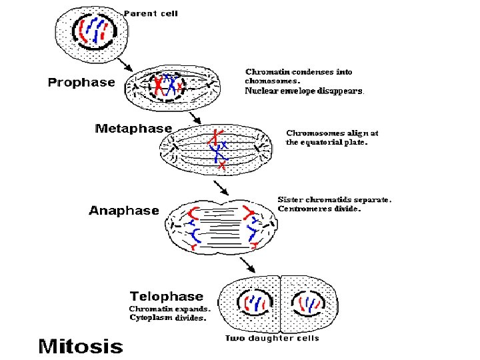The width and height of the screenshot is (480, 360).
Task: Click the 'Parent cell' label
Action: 151,13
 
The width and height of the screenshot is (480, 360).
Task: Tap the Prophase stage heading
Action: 81,83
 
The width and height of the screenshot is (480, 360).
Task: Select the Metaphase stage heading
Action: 133,128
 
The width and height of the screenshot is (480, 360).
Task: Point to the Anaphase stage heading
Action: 124,211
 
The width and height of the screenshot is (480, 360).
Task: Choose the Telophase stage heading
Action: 167,296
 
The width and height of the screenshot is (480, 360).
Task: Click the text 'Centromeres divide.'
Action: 319,209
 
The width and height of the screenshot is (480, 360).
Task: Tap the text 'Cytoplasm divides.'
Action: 168,318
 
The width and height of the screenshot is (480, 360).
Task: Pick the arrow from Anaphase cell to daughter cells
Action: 249,264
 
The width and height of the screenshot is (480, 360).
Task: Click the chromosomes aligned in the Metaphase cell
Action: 218,148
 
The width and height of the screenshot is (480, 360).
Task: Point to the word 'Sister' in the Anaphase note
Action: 291,199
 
